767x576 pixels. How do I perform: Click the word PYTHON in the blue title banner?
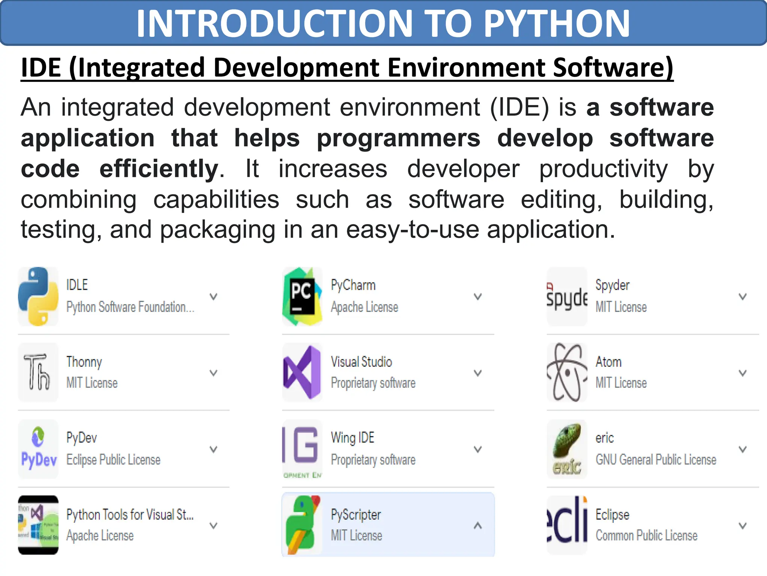click(557, 24)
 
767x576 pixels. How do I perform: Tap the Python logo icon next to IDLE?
click(38, 296)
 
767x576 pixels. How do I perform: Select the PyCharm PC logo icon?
click(302, 296)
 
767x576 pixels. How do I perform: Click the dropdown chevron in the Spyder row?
click(742, 297)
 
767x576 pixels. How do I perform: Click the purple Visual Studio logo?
click(302, 372)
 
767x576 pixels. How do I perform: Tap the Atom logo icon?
click(567, 372)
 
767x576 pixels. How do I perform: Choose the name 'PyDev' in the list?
click(82, 438)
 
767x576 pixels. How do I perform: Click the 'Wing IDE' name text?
click(352, 438)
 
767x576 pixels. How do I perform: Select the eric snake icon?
click(567, 449)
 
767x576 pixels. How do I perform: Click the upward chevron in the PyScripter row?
click(478, 525)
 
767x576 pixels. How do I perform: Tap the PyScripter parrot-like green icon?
click(302, 525)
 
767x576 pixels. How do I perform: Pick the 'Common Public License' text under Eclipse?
click(646, 535)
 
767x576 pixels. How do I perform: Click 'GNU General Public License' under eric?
click(656, 459)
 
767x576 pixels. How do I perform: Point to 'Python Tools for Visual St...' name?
click(130, 514)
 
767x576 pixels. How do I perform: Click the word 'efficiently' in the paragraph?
click(159, 169)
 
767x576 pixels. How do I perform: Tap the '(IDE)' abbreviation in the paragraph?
click(519, 108)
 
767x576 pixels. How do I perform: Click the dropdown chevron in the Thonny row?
click(213, 373)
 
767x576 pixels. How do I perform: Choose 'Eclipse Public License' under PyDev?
click(113, 459)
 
